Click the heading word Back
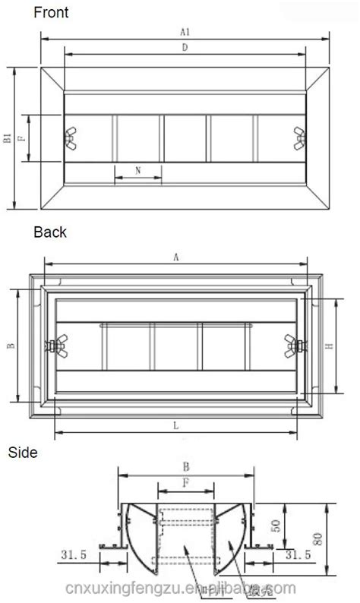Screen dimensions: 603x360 click(x=50, y=232)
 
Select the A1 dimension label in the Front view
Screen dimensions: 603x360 click(x=184, y=31)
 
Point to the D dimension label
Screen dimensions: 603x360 click(x=185, y=48)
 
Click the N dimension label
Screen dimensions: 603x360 click(x=137, y=171)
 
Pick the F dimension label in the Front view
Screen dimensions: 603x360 click(x=22, y=138)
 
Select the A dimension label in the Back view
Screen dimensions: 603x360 click(x=176, y=257)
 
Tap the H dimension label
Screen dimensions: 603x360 click(x=329, y=346)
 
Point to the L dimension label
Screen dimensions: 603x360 click(x=176, y=426)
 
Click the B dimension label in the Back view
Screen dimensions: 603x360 click(x=10, y=346)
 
